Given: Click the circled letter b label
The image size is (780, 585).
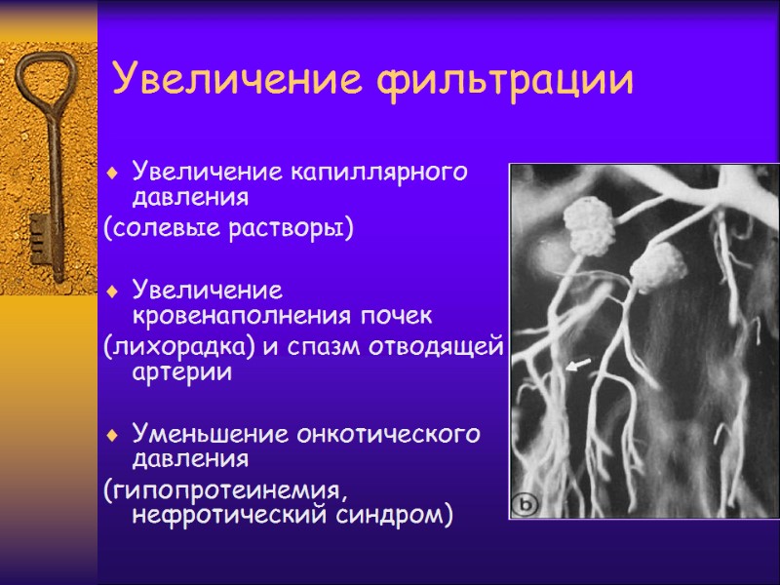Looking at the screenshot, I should point(527,504).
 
